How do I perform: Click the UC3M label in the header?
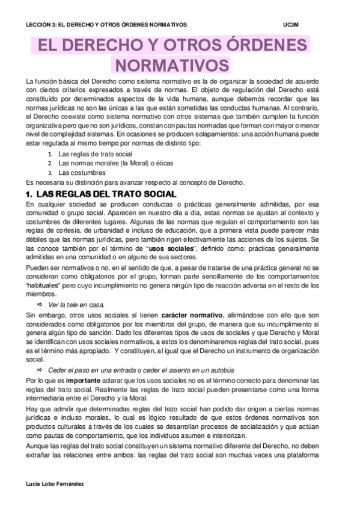[290, 25]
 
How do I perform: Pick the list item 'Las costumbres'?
[78, 173]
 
